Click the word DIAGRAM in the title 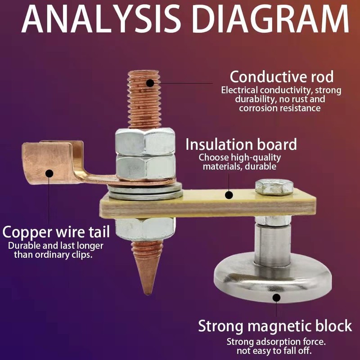[x=271, y=18]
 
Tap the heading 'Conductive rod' [x=282, y=77]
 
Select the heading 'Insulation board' [x=241, y=144]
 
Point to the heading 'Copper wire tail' [x=56, y=232]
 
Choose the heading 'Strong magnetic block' [x=275, y=326]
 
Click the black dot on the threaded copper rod [x=150, y=83]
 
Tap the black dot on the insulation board [x=229, y=195]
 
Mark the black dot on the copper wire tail [x=49, y=173]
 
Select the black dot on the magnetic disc [x=276, y=297]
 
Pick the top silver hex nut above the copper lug [x=145, y=141]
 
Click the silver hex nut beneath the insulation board [x=144, y=229]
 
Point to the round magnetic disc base [x=273, y=278]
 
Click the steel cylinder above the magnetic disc [x=273, y=244]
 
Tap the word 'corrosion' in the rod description [x=259, y=108]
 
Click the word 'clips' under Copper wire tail [x=82, y=255]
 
